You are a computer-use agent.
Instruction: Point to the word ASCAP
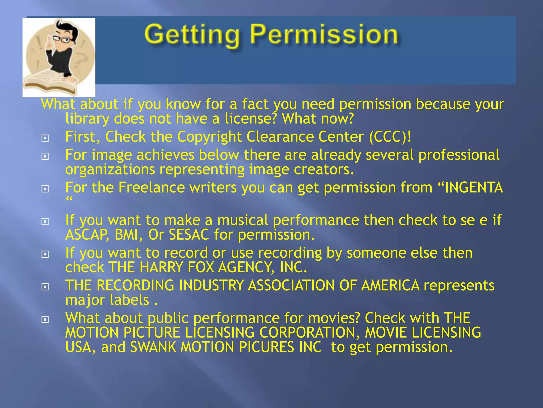(x=87, y=235)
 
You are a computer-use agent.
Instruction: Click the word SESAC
(x=189, y=235)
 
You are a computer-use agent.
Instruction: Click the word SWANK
(x=153, y=347)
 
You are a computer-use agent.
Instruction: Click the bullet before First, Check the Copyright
(x=45, y=138)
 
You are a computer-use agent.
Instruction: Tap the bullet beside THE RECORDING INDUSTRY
(x=45, y=287)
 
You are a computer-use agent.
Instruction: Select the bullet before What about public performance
(x=45, y=320)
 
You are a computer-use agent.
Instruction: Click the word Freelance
(x=151, y=188)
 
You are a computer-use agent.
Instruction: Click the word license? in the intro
(x=251, y=118)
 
